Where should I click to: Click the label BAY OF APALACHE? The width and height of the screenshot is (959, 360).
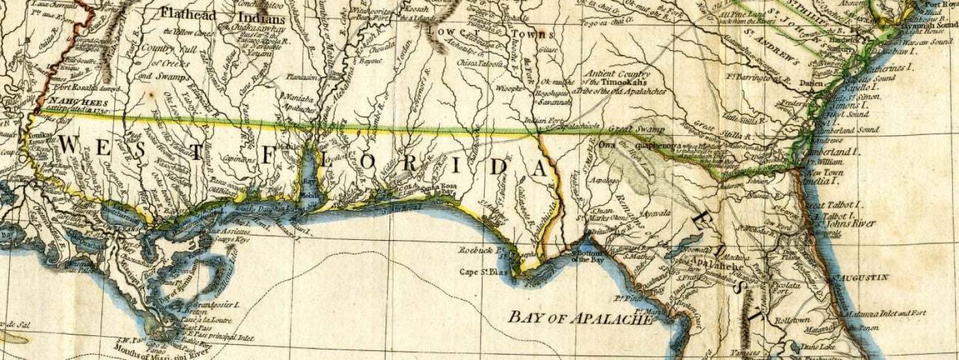[x=579, y=318]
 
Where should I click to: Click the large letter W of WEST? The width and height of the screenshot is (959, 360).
[x=70, y=145]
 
